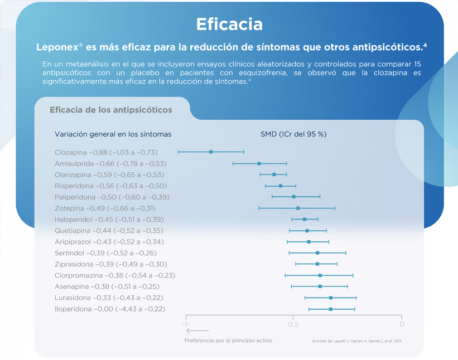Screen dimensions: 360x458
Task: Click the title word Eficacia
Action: point(229,24)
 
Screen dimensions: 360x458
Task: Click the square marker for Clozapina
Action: point(211,152)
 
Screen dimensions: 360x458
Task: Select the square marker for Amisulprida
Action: point(259,163)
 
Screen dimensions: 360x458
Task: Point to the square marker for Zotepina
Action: point(298,208)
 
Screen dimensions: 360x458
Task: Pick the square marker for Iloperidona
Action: point(331,309)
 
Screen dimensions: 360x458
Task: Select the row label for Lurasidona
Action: point(109,298)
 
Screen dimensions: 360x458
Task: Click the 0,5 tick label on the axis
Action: point(293,324)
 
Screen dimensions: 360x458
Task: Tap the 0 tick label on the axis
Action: point(401,324)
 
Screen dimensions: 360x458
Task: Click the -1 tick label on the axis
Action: point(186,324)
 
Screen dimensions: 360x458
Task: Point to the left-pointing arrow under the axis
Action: point(199,331)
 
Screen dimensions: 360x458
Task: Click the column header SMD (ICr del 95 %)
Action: point(293,134)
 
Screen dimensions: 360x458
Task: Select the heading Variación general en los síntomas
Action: point(113,134)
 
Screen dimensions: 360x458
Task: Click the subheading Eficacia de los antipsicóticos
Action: point(111,110)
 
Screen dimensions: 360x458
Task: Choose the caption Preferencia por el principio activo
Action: point(228,340)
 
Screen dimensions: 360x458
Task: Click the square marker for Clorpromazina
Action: point(320,275)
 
